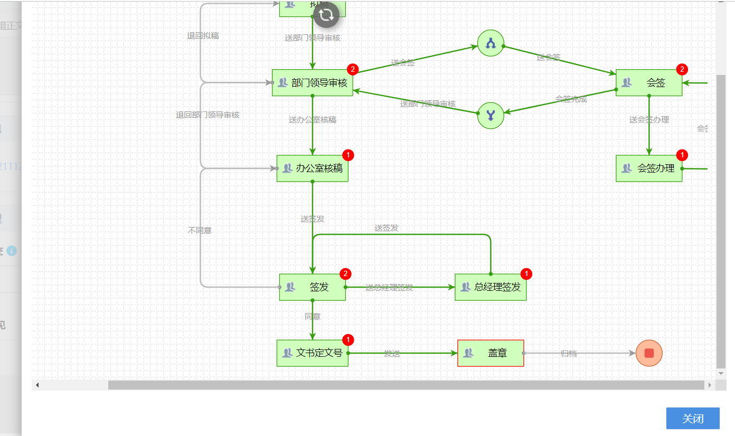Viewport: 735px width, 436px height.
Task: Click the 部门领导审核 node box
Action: pos(313,83)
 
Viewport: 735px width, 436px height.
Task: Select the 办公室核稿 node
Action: pos(313,168)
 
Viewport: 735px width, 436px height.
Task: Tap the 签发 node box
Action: pos(313,287)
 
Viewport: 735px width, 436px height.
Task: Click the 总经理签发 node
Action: pos(491,287)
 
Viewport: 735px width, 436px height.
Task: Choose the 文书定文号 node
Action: pos(313,353)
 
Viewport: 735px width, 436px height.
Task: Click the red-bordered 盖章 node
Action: pos(491,353)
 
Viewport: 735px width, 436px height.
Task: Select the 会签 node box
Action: pos(649,83)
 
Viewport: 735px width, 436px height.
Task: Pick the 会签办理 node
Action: pos(649,168)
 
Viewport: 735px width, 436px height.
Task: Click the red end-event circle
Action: pos(649,353)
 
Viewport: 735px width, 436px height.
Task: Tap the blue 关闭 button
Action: pos(693,419)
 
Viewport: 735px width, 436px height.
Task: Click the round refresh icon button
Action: pos(326,15)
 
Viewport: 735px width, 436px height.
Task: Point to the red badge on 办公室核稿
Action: pos(348,155)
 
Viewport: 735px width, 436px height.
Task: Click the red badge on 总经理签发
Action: pos(526,274)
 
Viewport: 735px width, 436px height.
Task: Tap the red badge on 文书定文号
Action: pos(348,339)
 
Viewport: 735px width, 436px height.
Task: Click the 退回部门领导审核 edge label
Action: pos(208,115)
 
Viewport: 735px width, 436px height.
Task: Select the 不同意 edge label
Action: pos(200,231)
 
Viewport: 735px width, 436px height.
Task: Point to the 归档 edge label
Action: pos(569,354)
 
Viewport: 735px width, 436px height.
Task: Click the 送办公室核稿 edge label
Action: pos(313,120)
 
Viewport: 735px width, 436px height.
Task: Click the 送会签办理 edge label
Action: pos(649,120)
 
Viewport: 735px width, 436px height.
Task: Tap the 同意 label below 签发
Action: pos(313,317)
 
